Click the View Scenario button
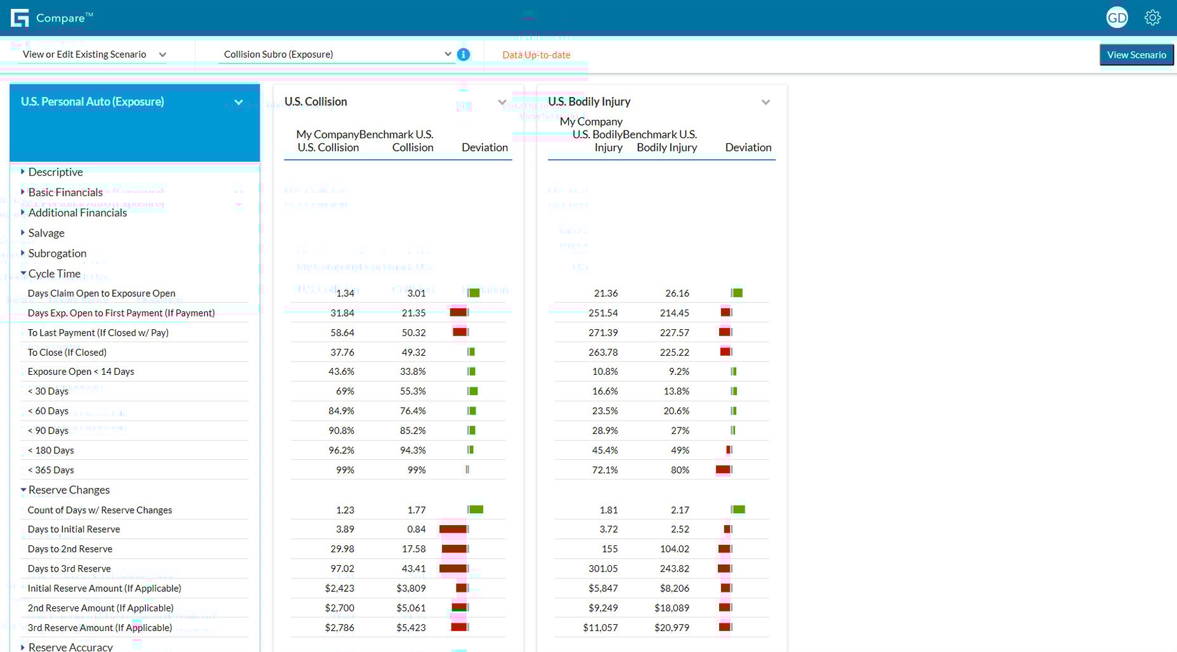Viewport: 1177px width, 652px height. [x=1136, y=55]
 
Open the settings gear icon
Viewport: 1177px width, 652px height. [x=1152, y=18]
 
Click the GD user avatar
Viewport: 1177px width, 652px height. [x=1117, y=18]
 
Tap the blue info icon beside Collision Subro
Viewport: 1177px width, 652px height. [x=464, y=55]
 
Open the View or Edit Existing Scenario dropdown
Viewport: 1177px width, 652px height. [x=94, y=55]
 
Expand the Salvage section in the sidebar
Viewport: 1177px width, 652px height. [x=46, y=233]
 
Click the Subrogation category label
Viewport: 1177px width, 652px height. [x=57, y=253]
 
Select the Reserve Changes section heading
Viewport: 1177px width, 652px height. [x=68, y=490]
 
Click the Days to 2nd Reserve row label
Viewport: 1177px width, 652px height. [x=70, y=549]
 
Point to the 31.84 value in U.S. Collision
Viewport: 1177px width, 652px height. [x=342, y=313]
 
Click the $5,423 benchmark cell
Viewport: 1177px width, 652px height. [x=411, y=627]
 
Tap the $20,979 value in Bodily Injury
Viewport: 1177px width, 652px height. [x=672, y=627]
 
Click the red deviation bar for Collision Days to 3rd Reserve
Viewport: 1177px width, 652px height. [x=453, y=568]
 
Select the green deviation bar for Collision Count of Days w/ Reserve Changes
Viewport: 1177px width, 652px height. [x=476, y=509]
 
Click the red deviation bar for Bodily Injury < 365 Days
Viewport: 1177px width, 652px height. [x=723, y=469]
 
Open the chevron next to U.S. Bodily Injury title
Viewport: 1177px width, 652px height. [x=765, y=102]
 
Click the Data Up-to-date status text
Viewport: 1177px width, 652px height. [x=536, y=55]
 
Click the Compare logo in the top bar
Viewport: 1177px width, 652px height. [x=51, y=18]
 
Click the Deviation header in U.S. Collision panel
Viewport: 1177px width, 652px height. [x=484, y=147]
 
